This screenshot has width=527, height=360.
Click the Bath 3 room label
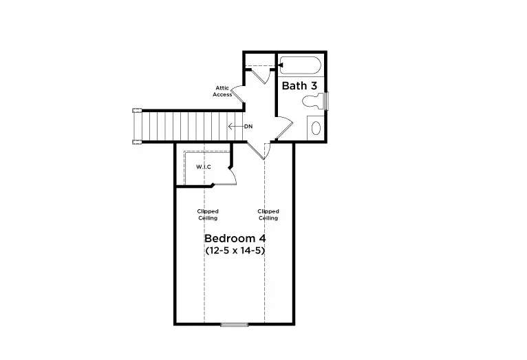pos(299,86)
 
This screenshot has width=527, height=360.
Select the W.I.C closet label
pos(204,167)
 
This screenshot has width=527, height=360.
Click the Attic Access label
pos(222,91)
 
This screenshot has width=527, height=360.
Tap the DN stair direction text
pos(248,126)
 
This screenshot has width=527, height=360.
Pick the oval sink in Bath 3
pos(316,127)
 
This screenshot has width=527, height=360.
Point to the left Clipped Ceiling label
pos(208,214)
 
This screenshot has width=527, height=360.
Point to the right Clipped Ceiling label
pos(268,214)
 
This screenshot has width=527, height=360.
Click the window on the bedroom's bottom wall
pos(235,324)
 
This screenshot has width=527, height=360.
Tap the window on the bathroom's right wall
pos(327,100)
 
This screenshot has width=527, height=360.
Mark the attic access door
pos(235,94)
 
